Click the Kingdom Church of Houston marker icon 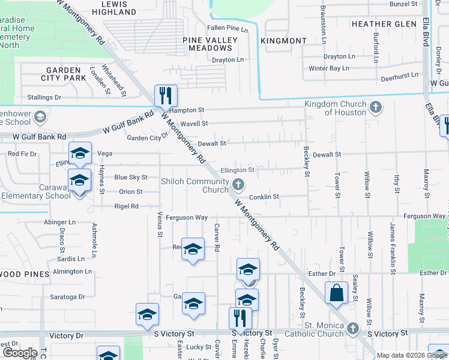click(376, 108)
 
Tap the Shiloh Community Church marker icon click(238, 185)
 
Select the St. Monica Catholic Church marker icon click(352, 328)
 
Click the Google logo click(20, 353)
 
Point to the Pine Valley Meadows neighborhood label click(210, 44)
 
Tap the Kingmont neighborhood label click(283, 41)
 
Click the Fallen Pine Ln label click(227, 29)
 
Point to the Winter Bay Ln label click(328, 68)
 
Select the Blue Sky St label click(131, 178)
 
